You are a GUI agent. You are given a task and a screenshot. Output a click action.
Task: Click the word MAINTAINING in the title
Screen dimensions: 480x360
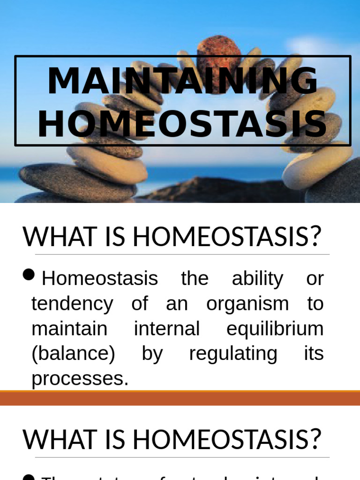point(182,82)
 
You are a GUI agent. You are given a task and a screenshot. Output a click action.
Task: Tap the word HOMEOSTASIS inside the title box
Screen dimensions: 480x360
point(182,125)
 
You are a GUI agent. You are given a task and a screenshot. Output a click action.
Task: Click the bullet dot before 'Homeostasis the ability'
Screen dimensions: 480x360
point(30,275)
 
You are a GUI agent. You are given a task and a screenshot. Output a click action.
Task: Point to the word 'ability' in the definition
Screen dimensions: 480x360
point(257,278)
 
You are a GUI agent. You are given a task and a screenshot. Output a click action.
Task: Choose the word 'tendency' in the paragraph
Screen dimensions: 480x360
point(72,304)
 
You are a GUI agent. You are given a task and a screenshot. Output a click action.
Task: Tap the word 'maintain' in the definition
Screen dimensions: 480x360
point(69,328)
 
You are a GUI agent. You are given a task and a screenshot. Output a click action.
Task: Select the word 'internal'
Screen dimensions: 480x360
point(167,328)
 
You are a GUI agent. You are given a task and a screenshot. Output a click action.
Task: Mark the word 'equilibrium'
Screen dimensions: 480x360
point(275,328)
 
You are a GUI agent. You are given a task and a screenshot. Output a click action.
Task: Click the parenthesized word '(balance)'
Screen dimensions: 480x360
point(73,353)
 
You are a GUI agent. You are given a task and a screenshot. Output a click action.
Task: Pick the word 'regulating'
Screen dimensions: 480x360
point(233,353)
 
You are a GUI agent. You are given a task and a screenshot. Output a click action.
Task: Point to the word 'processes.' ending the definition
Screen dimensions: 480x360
point(80,379)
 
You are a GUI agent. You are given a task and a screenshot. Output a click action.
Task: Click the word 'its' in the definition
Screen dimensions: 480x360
point(314,353)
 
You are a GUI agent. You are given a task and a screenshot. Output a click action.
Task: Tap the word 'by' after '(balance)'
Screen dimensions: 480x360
point(152,353)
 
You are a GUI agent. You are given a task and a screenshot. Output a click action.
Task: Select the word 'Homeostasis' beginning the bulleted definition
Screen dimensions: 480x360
point(100,278)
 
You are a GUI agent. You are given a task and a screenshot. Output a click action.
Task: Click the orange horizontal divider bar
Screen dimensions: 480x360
point(180,398)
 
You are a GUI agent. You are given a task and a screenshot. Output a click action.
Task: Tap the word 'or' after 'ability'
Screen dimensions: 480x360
point(315,278)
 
